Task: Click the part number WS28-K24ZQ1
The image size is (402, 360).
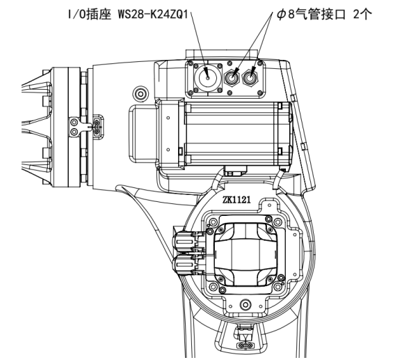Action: (153, 15)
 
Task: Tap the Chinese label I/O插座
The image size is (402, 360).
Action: (90, 15)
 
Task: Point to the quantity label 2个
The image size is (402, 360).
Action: (362, 15)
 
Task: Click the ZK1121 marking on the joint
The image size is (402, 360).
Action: (236, 199)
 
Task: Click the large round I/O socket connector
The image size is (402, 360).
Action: (207, 77)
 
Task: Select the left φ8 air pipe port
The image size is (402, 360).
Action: (232, 77)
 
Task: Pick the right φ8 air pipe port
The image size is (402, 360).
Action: (250, 77)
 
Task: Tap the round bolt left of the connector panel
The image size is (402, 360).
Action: (140, 94)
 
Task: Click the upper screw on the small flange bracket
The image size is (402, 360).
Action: (74, 122)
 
